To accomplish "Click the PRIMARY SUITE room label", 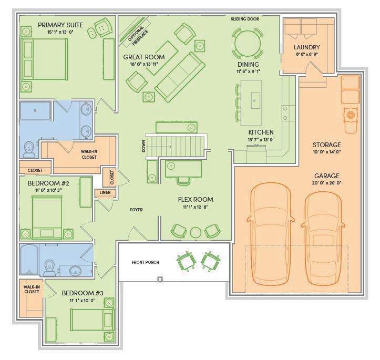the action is (x=60, y=25).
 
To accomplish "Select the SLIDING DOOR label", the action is (x=245, y=19).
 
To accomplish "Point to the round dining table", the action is (x=248, y=44).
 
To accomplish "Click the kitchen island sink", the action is (x=255, y=100).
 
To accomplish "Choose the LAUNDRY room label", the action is (x=307, y=47).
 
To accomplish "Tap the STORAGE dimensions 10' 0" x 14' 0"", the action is (x=327, y=152).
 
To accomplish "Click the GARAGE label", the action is (x=327, y=176).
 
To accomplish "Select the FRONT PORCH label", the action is (x=145, y=262).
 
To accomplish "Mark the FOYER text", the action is (x=136, y=210).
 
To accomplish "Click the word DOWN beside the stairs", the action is (x=143, y=146).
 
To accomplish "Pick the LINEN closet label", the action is (x=105, y=192).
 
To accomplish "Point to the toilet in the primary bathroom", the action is (x=29, y=149).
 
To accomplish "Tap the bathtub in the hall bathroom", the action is (x=29, y=260).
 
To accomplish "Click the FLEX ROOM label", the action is (x=196, y=199).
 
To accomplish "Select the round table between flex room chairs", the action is (x=196, y=233).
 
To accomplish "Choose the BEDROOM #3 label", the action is (x=83, y=293).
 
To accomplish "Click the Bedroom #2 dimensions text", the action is (x=48, y=190).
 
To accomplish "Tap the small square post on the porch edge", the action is (x=160, y=279).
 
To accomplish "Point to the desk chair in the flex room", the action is (x=183, y=181).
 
